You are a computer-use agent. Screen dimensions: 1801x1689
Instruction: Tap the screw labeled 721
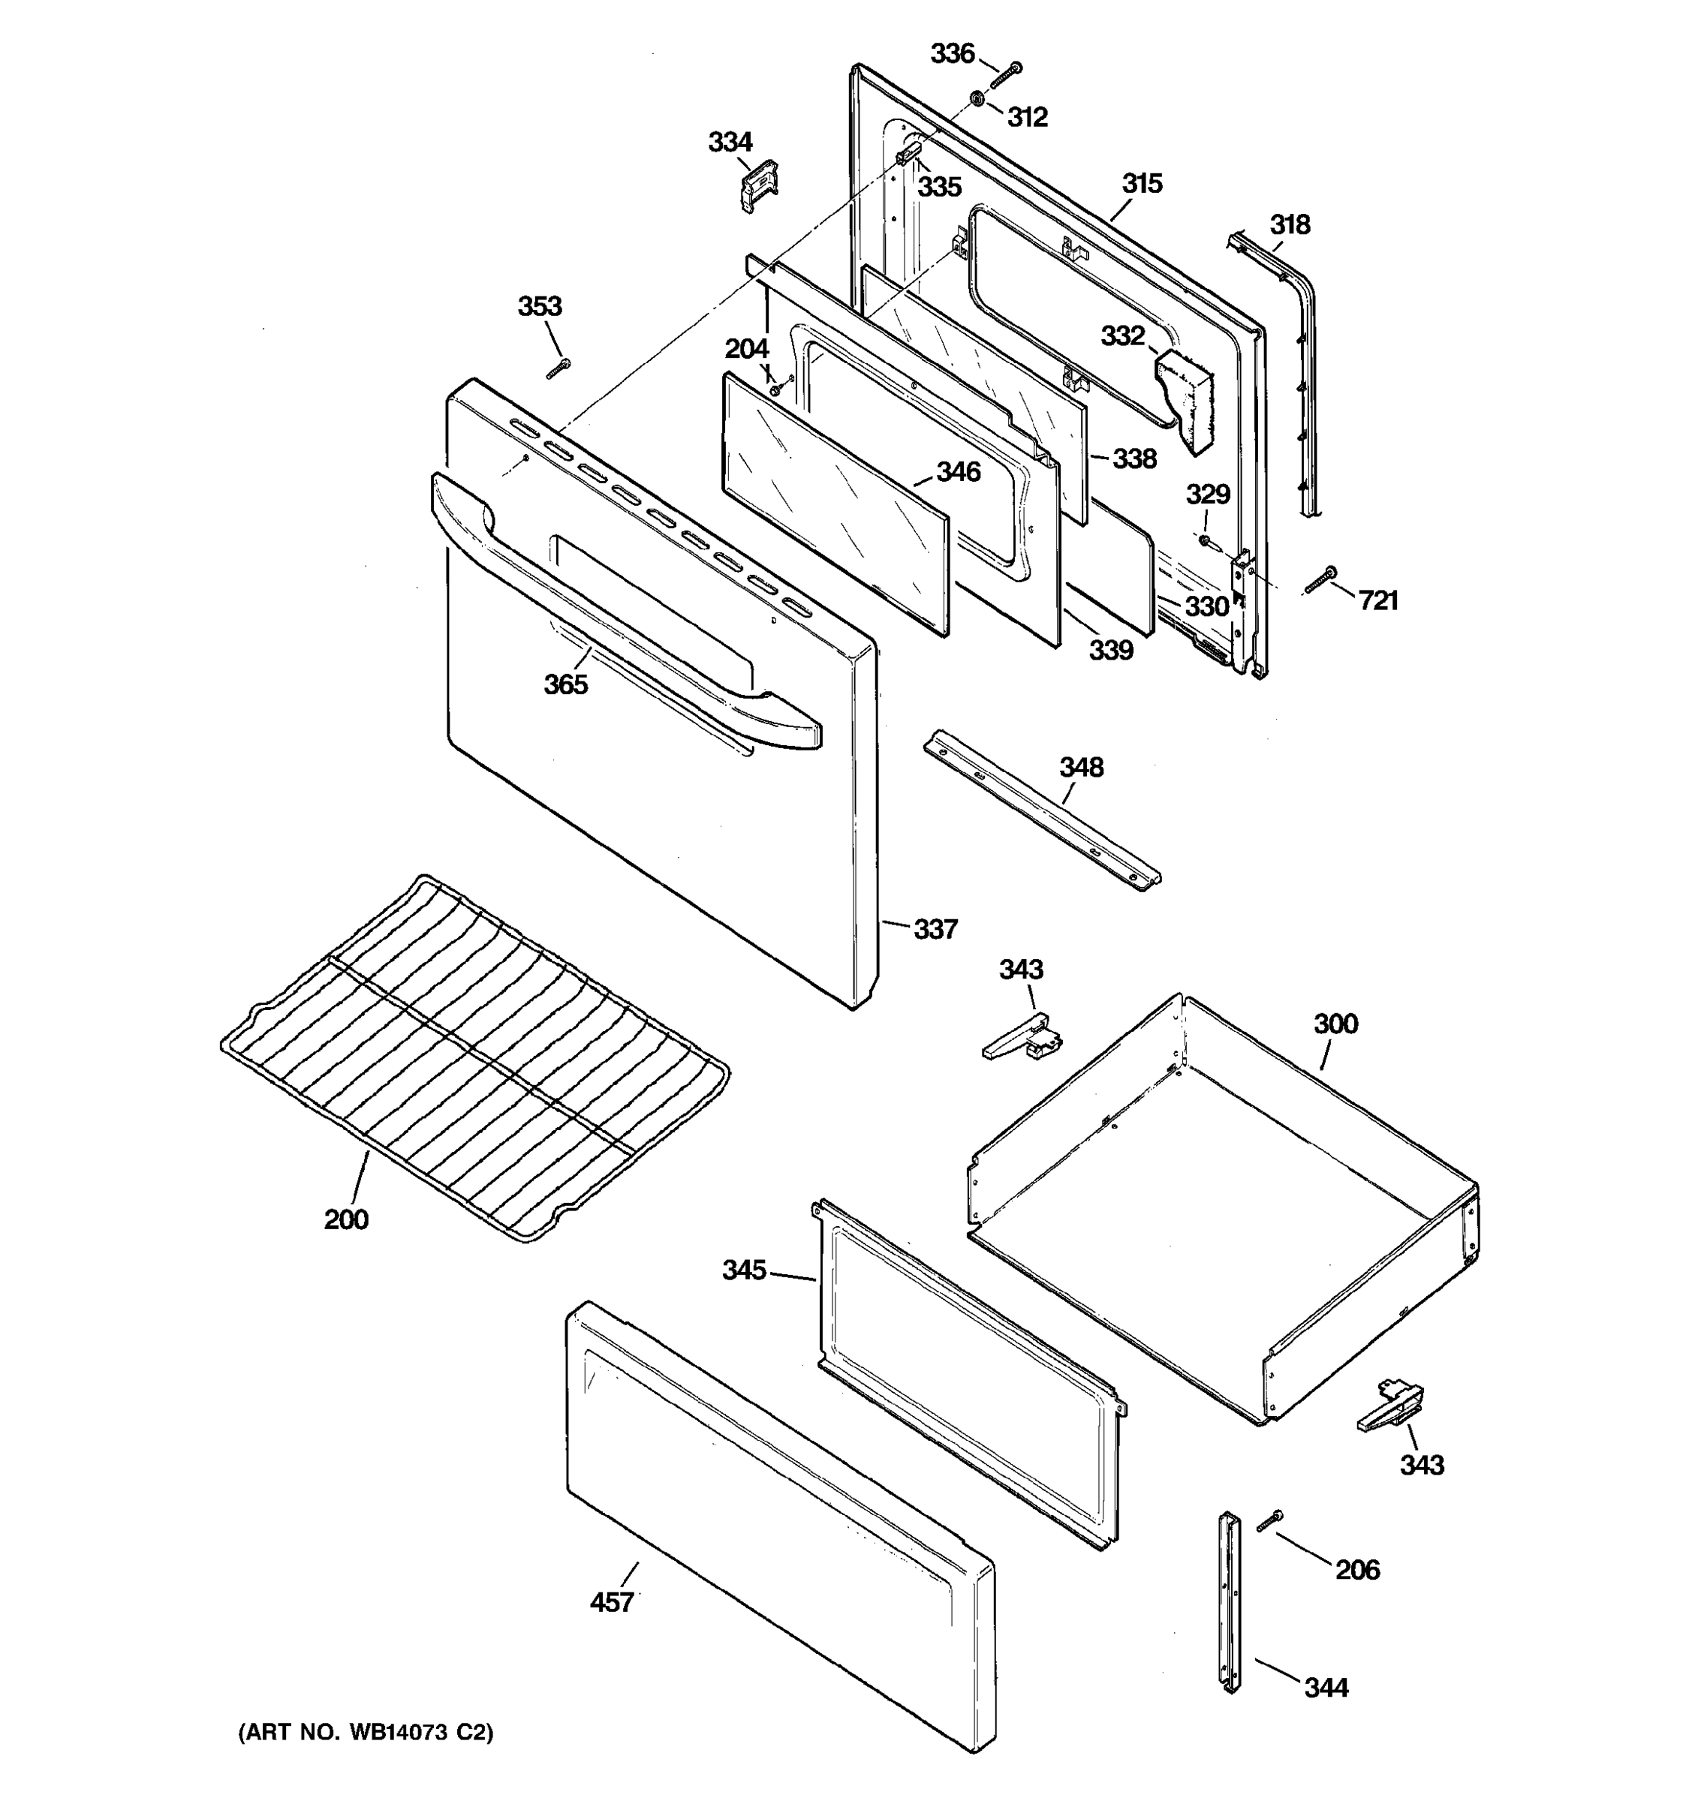point(1321,581)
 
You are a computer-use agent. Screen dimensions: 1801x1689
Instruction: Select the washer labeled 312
point(977,98)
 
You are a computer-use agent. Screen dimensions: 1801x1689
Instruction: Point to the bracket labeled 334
point(758,185)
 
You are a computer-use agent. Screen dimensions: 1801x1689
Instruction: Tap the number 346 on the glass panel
point(958,471)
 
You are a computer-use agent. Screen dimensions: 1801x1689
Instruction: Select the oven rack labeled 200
point(476,1055)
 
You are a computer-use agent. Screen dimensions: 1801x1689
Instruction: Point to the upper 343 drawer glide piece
point(1022,1036)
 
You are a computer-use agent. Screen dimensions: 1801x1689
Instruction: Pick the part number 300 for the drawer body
point(1335,1024)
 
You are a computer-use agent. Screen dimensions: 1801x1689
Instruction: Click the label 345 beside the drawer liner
point(744,1270)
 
